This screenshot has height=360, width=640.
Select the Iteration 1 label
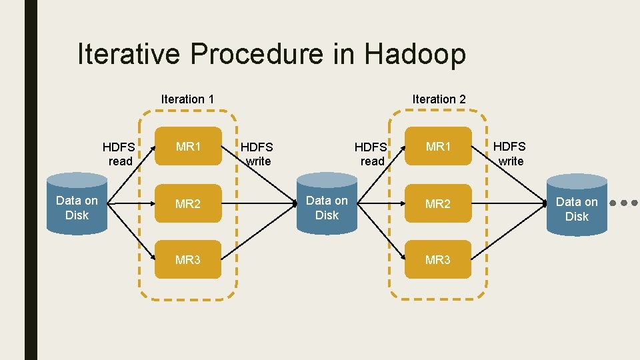(187, 99)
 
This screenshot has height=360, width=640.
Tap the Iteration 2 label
(439, 99)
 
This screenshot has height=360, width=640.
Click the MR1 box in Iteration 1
(188, 146)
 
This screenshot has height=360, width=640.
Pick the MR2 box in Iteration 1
(188, 203)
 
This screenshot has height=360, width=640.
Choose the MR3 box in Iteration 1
(188, 259)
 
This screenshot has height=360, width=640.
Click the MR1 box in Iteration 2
(438, 146)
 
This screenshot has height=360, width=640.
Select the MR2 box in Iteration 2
(438, 203)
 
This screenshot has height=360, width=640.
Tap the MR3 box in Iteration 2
(438, 259)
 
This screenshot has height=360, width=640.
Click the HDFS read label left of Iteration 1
(119, 153)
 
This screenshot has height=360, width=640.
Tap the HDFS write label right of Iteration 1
(257, 153)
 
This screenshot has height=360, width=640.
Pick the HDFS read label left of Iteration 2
(371, 153)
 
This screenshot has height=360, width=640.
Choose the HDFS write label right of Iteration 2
(510, 153)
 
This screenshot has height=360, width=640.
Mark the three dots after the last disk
(626, 202)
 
